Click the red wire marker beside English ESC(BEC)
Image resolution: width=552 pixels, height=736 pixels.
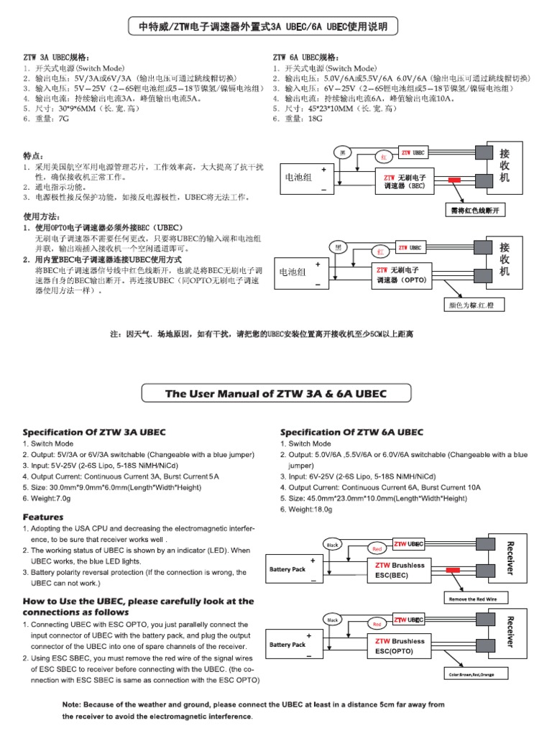(x=455, y=570)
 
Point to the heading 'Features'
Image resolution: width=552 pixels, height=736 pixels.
(x=43, y=517)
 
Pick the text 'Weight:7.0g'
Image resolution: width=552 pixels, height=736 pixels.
(x=50, y=498)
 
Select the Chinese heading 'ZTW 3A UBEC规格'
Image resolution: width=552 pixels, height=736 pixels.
(x=55, y=57)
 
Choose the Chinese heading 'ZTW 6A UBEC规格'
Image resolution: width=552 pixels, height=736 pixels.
(x=307, y=57)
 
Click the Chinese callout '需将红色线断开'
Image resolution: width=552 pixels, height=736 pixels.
(x=474, y=211)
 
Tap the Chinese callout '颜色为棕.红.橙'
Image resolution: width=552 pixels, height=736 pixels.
(x=474, y=305)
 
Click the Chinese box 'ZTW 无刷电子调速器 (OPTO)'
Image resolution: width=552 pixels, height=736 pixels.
(x=401, y=274)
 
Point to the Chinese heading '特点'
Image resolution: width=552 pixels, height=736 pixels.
(x=33, y=155)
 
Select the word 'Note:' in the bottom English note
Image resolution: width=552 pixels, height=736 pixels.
(x=76, y=705)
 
